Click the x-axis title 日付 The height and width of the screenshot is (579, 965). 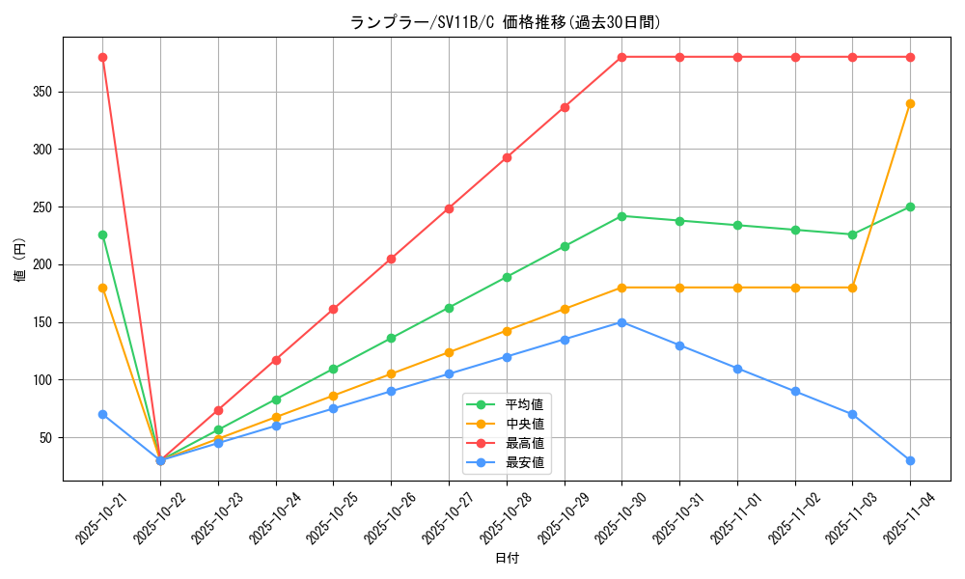pos(507,559)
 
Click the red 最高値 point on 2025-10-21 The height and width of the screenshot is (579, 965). pos(102,57)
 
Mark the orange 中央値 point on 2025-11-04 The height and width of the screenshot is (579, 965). pos(910,103)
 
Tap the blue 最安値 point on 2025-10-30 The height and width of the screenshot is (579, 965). pos(621,322)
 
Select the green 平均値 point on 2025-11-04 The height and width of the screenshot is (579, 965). pos(910,207)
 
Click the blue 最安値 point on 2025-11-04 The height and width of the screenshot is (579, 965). pos(910,460)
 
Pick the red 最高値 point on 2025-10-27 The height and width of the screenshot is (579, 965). pos(449,208)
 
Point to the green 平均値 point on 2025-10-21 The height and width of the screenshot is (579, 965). pos(102,234)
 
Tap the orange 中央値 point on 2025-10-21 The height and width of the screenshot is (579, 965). pos(102,288)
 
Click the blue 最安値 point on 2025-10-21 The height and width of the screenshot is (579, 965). pos(102,414)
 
